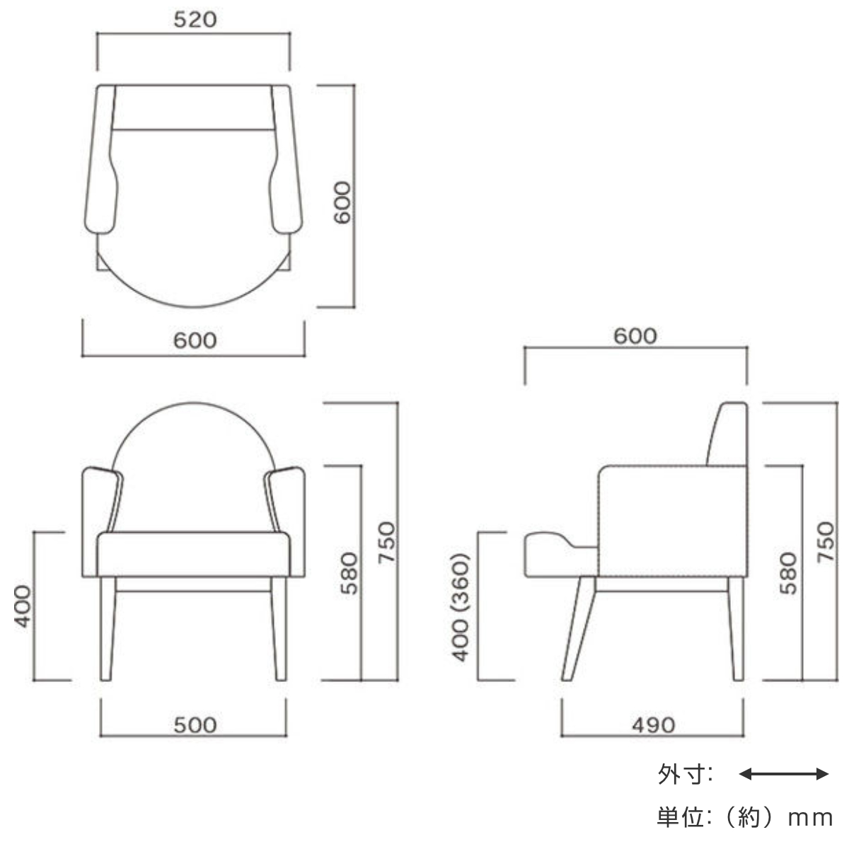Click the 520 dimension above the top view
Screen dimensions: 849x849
[x=195, y=20]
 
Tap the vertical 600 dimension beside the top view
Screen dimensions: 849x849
[x=342, y=202]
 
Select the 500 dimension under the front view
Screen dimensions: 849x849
[x=195, y=725]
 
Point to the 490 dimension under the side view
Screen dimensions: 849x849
[x=654, y=725]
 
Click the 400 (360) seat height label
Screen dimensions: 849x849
[x=461, y=608]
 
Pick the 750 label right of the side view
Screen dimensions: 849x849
[x=826, y=542]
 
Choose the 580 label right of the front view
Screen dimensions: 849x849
[x=349, y=573]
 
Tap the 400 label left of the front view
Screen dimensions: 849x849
[x=23, y=606]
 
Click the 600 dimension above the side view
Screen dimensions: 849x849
[x=635, y=336]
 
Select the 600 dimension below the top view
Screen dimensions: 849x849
[x=195, y=340]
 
